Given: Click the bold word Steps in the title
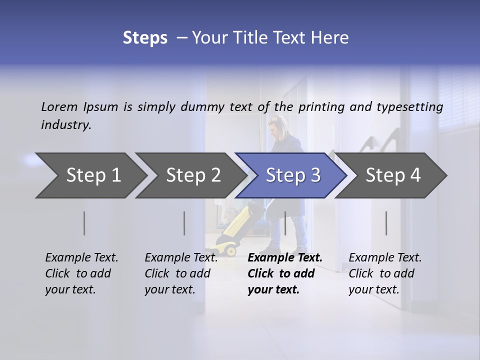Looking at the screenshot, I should (x=145, y=38).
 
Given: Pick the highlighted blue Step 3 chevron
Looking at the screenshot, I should (x=292, y=175).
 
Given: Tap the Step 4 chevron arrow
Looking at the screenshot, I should (x=392, y=175).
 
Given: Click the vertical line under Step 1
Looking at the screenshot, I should (x=84, y=223).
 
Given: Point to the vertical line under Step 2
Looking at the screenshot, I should (x=184, y=223).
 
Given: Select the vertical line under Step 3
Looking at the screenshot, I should (x=285, y=223).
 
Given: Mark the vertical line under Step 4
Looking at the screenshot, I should (x=386, y=223).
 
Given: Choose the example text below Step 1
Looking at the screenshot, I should (x=81, y=273).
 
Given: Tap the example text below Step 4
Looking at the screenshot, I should (x=384, y=273).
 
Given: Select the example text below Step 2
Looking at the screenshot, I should (x=180, y=273).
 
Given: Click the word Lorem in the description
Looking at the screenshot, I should (x=59, y=106).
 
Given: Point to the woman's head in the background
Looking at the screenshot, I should (x=276, y=125).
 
